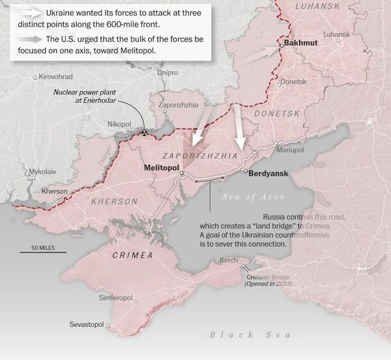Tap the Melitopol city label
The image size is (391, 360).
point(161,167)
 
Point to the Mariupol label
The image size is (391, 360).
point(290,150)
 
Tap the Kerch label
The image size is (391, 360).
point(229,260)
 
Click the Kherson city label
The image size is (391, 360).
point(54,191)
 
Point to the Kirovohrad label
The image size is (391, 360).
point(55,76)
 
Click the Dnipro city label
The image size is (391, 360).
point(167,72)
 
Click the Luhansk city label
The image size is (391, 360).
point(336,34)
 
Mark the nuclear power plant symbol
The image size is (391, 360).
point(144,132)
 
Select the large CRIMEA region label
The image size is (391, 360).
point(132,255)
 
